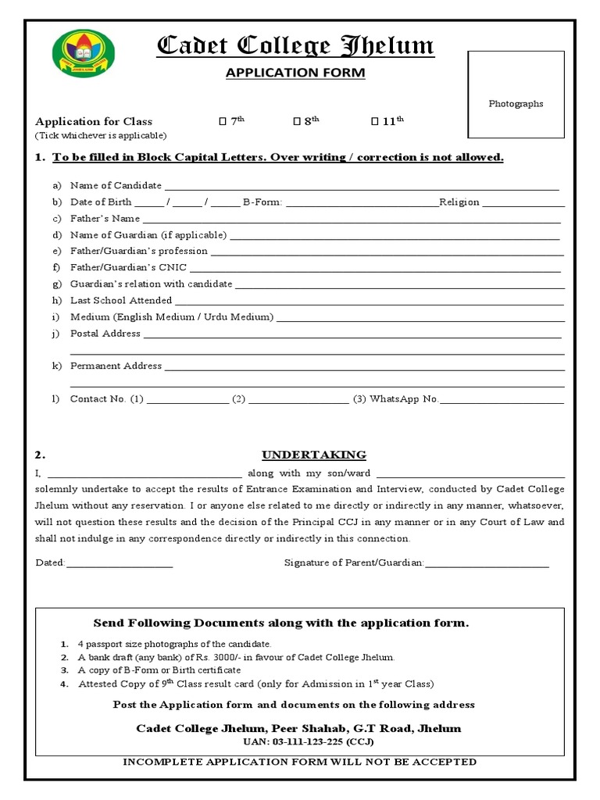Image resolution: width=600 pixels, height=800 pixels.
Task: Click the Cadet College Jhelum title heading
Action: point(295,47)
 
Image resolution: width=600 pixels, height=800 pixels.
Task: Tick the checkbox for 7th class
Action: point(223,121)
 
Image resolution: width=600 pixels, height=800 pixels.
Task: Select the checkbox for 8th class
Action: point(297,121)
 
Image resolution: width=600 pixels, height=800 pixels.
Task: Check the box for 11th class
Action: point(374,121)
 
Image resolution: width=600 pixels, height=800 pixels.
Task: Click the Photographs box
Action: point(516,95)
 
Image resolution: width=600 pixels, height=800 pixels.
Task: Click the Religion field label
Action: point(459,202)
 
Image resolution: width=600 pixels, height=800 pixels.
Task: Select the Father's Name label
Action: point(105,219)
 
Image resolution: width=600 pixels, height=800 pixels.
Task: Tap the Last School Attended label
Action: point(121,301)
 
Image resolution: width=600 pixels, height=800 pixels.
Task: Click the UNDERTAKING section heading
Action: point(313,455)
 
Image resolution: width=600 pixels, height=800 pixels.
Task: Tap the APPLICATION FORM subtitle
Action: point(295,73)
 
